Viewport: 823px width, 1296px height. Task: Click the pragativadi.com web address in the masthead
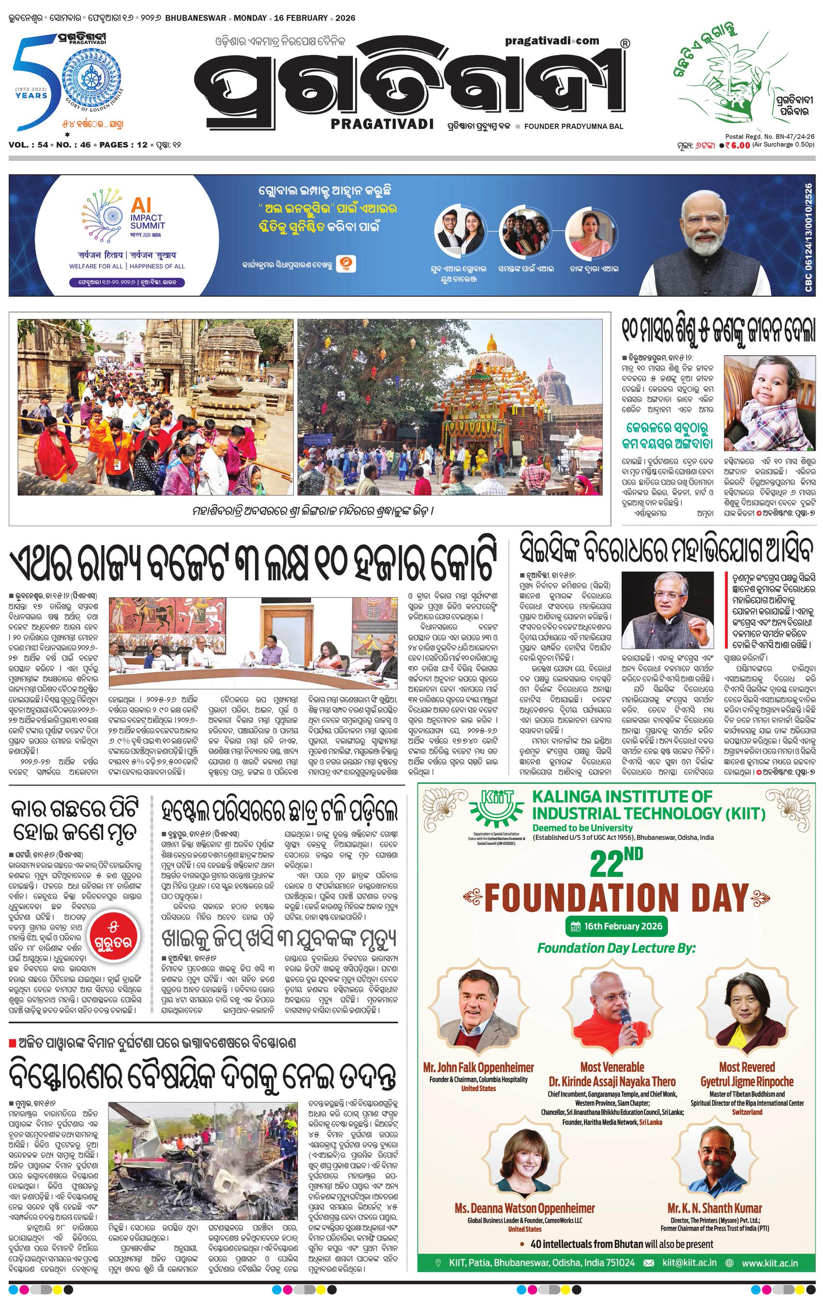point(552,40)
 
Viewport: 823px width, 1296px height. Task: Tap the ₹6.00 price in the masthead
point(737,144)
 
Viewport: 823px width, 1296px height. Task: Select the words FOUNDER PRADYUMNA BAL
point(573,126)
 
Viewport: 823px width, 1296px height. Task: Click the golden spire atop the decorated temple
point(491,342)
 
